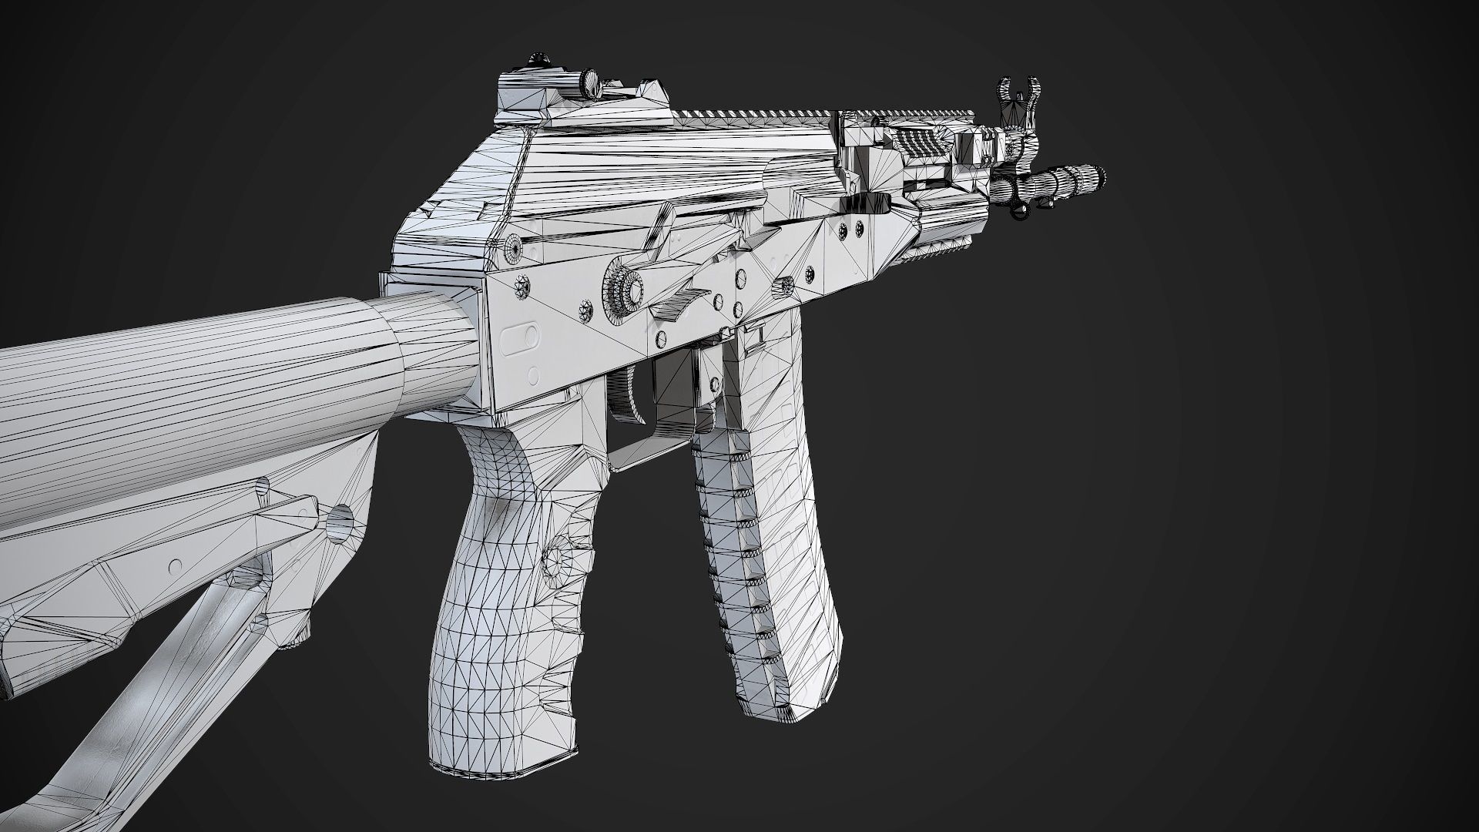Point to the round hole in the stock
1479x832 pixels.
pos(340,523)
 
